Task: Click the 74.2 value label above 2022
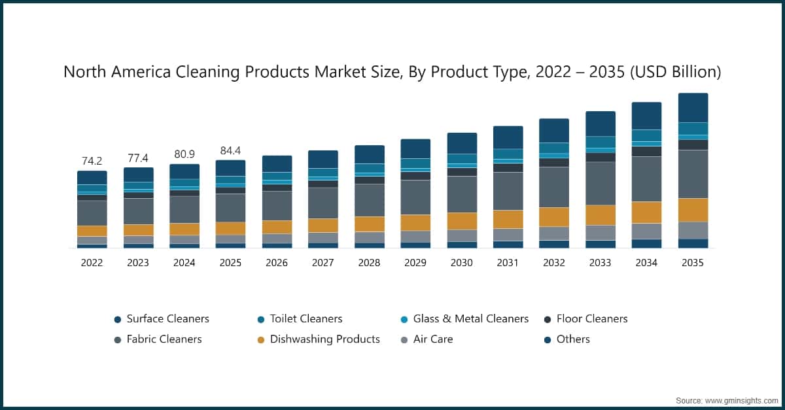[92, 161]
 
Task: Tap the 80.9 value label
[184, 154]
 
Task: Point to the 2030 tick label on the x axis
[461, 263]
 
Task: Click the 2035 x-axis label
[693, 263]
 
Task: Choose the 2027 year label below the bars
[323, 263]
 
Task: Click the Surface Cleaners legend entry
[167, 319]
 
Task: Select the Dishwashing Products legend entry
[324, 339]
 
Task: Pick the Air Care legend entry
[432, 339]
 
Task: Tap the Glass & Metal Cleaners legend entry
[471, 319]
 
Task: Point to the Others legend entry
[573, 339]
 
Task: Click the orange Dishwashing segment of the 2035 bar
[693, 210]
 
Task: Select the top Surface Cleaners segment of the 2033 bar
[600, 124]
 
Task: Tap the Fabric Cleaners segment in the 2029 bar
[415, 197]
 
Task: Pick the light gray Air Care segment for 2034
[646, 231]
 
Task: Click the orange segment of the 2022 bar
[92, 231]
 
